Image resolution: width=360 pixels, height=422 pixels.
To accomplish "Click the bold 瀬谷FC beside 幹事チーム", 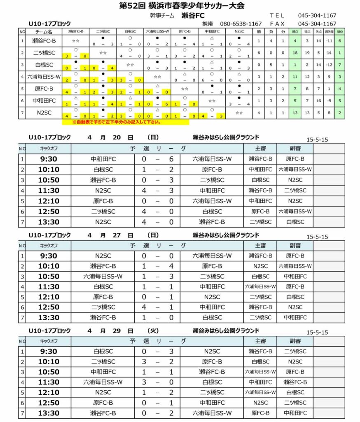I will click(x=193, y=16).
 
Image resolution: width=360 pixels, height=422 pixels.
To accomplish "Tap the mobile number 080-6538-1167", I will click(x=241, y=24).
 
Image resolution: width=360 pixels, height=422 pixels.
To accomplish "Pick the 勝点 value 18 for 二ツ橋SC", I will click(x=295, y=53).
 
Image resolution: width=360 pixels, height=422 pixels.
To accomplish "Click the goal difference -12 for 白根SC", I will click(x=328, y=65).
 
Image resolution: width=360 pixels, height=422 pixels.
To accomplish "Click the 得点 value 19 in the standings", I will click(x=306, y=53).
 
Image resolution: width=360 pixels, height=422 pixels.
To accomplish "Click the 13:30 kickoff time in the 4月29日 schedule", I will click(x=49, y=413).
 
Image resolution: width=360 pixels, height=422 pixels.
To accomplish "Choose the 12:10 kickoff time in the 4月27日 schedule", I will click(x=49, y=297).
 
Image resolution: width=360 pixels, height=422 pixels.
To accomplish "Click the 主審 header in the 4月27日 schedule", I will click(x=260, y=246).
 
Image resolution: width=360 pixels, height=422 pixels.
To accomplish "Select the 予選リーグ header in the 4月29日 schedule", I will click(x=157, y=341).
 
